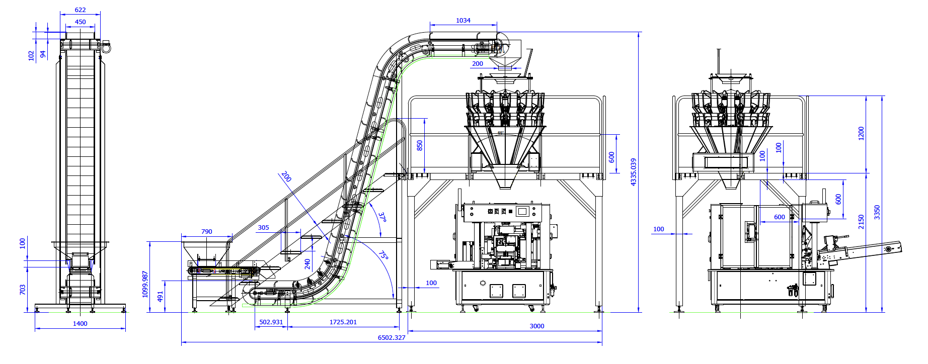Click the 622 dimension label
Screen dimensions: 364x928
click(x=80, y=10)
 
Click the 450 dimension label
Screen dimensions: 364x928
click(x=80, y=22)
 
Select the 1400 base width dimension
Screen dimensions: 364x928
click(x=80, y=324)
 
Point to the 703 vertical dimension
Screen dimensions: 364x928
click(x=22, y=290)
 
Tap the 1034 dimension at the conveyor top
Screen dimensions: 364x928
click(x=463, y=21)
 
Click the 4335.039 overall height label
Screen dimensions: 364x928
click(x=634, y=172)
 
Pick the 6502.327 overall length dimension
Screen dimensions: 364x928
click(x=392, y=337)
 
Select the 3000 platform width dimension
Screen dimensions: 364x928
click(x=536, y=326)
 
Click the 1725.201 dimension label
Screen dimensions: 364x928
click(x=343, y=322)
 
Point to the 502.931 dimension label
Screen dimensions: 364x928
click(x=271, y=322)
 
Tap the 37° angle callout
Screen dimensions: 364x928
click(x=382, y=217)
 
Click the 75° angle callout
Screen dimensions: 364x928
click(x=383, y=255)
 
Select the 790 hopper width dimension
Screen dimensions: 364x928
click(x=206, y=232)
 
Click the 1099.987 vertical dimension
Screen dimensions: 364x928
click(x=145, y=284)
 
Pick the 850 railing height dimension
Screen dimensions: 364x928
click(x=420, y=145)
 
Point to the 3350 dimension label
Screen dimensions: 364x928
click(x=877, y=212)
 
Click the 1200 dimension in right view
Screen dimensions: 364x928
click(x=861, y=133)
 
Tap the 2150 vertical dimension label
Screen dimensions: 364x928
click(x=861, y=222)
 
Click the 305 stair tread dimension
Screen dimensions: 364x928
click(x=263, y=228)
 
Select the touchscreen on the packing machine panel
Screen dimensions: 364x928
click(x=522, y=212)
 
